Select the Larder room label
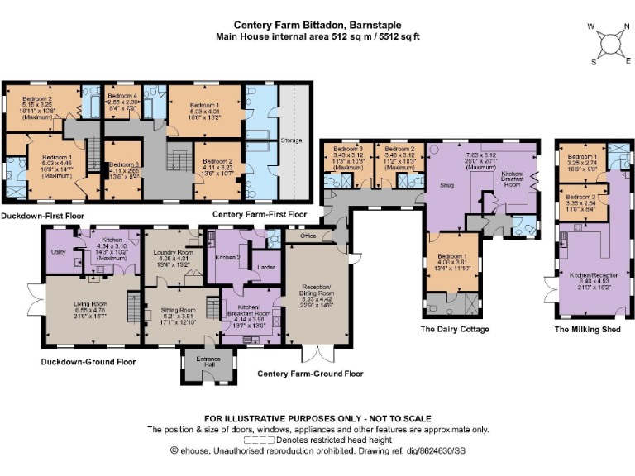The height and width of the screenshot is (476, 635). [x=266, y=268]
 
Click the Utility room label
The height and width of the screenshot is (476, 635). [x=58, y=251]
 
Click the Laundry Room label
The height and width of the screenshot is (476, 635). [x=173, y=255]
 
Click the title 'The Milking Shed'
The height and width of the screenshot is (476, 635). [x=588, y=329]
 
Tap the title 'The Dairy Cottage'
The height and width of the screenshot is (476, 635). [x=455, y=329]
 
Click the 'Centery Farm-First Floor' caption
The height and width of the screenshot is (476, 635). [x=260, y=214]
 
